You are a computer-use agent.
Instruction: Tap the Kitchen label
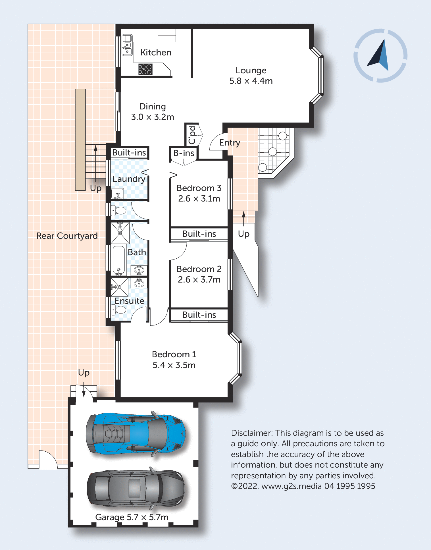click(156, 53)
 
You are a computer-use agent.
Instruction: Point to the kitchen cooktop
click(145, 69)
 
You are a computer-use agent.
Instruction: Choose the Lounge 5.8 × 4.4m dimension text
click(251, 81)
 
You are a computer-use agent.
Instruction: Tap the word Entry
click(230, 143)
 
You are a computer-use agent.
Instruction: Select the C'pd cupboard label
click(192, 135)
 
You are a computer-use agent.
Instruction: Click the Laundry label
click(129, 179)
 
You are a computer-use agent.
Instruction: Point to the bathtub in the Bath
click(119, 260)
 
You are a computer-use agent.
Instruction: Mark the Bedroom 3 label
click(199, 188)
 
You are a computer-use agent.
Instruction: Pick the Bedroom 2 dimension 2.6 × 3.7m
click(199, 280)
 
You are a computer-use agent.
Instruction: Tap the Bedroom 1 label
click(174, 354)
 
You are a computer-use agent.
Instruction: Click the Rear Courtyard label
click(67, 236)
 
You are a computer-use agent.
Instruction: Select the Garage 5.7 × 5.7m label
click(132, 517)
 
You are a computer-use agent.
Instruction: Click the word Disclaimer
click(252, 433)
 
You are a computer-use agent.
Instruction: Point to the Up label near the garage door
click(84, 373)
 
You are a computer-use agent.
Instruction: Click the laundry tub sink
click(117, 194)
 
